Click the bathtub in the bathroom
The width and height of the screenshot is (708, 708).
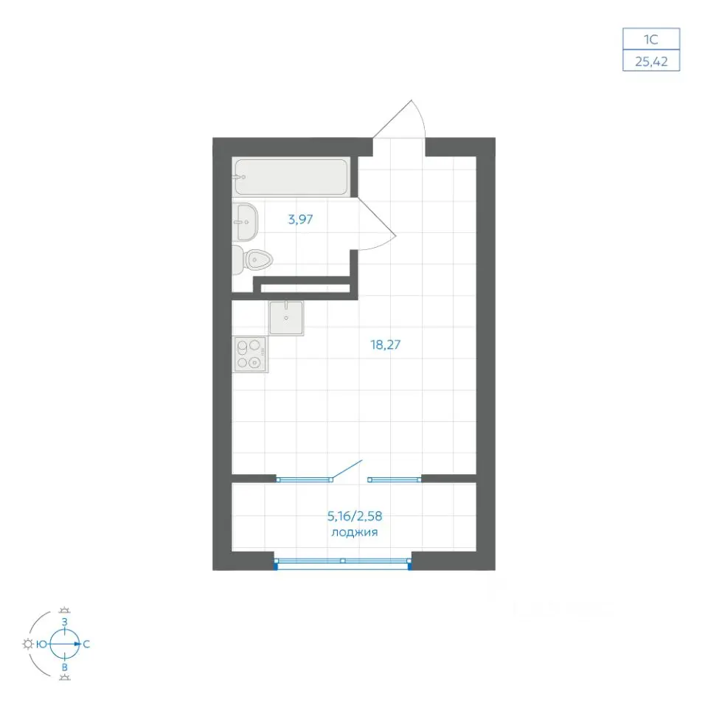pos(291,176)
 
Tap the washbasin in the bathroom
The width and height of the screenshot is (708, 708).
pos(245,222)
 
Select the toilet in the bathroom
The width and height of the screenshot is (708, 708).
pos(252,260)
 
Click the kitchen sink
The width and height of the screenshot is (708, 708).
pos(286,319)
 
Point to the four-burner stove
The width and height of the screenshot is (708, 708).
pos(251,355)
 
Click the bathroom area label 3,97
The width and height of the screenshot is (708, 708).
pos(300,220)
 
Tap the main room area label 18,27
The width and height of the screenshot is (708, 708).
pos(385,345)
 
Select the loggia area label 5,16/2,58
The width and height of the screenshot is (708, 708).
pos(355,516)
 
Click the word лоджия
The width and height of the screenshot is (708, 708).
pos(355,532)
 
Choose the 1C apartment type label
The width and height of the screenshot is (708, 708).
pos(650,40)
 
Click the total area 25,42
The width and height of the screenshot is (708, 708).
pos(651,61)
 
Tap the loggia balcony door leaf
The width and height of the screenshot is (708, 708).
pos(347,469)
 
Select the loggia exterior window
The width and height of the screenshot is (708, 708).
pos(343,562)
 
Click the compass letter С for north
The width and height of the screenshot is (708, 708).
pos(86,644)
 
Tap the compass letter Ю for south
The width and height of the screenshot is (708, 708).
pos(41,644)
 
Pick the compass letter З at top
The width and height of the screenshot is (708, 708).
pos(65,622)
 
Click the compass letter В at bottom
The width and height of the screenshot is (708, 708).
pos(65,667)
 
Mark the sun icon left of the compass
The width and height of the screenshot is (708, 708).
pos(28,644)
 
